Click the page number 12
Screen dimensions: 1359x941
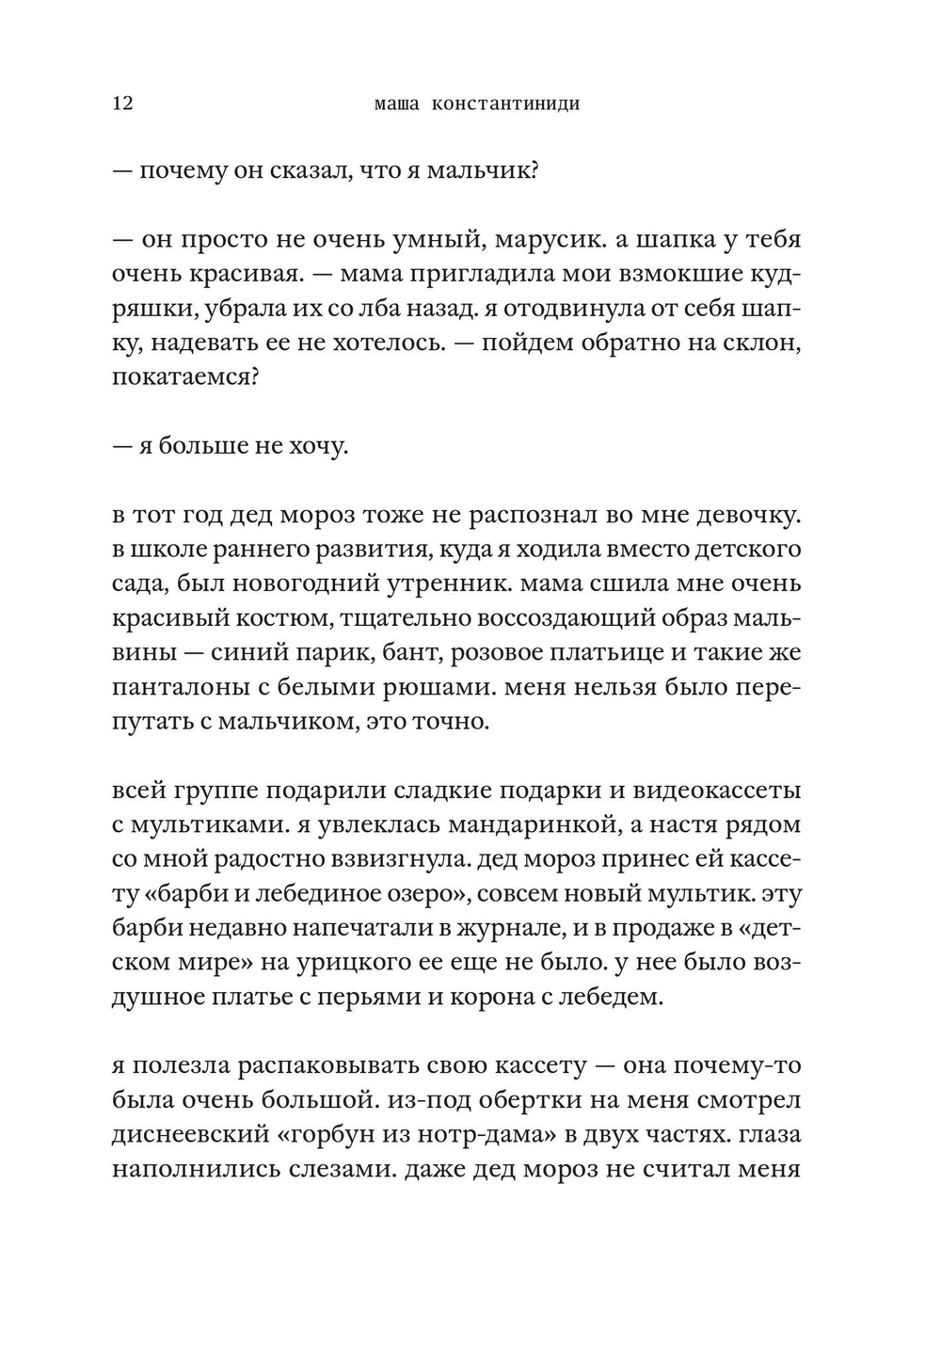(x=122, y=104)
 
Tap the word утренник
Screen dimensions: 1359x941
(x=447, y=584)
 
